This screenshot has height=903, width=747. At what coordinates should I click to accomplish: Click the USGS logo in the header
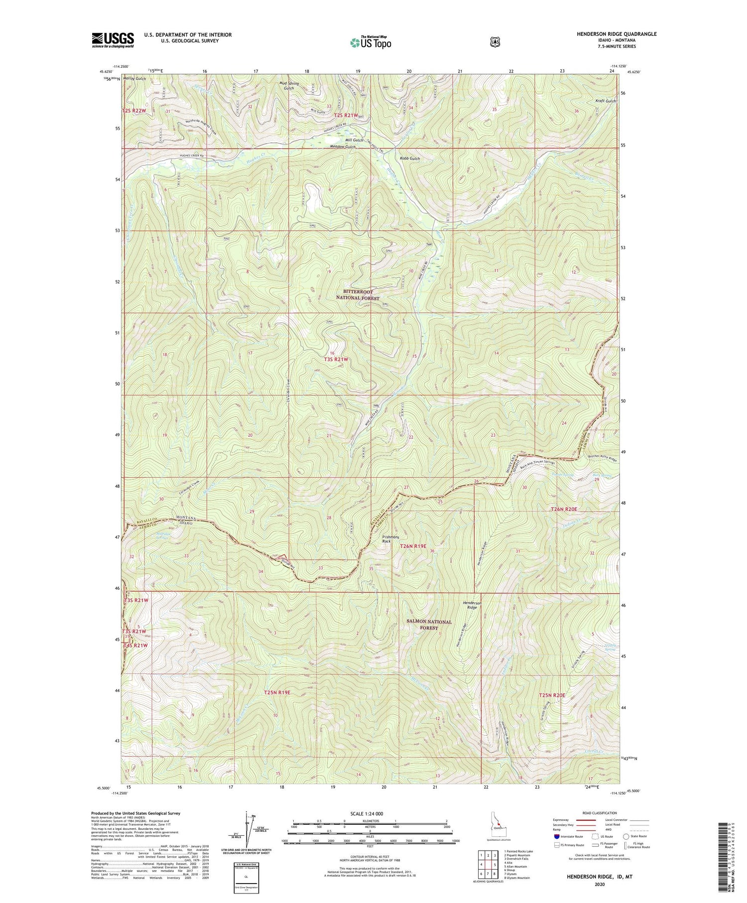pyautogui.click(x=113, y=40)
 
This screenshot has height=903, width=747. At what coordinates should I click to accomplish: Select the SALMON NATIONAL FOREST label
pyautogui.click(x=429, y=625)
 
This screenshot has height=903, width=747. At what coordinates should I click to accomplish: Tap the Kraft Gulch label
pyautogui.click(x=606, y=101)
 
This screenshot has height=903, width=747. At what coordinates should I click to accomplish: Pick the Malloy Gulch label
pyautogui.click(x=134, y=79)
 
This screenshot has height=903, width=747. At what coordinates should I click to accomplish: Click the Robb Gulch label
pyautogui.click(x=410, y=158)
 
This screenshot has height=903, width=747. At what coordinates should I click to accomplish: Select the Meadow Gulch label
pyautogui.click(x=343, y=147)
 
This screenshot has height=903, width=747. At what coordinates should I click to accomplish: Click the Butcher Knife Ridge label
pyautogui.click(x=603, y=458)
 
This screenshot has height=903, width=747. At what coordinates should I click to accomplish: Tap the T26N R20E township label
pyautogui.click(x=564, y=510)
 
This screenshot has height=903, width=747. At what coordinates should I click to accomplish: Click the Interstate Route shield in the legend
pyautogui.click(x=556, y=836)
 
